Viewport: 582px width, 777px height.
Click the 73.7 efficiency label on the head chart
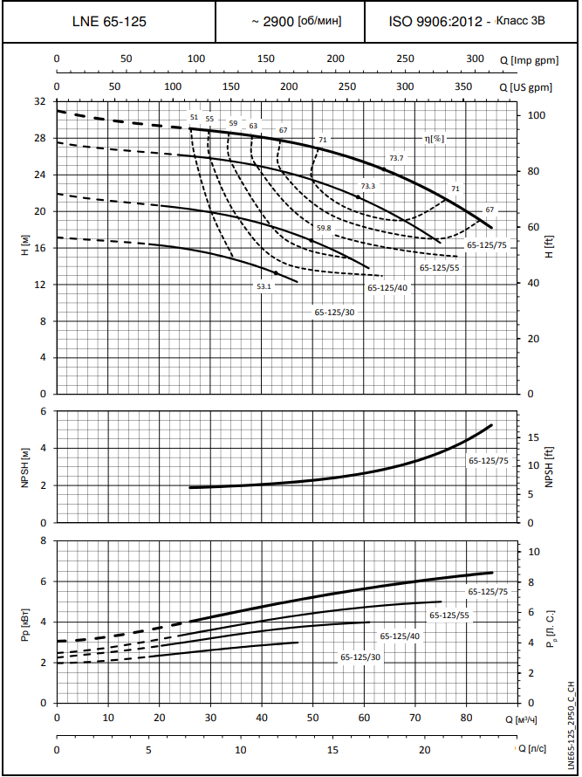coord(396,158)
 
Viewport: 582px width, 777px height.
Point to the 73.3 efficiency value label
coord(367,186)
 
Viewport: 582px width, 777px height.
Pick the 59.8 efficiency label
coord(324,228)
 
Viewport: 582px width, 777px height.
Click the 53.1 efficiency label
coord(264,285)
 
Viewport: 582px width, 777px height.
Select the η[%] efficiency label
coord(434,138)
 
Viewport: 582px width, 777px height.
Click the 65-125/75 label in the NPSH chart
coord(488,460)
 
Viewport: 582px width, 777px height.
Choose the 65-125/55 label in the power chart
coord(448,615)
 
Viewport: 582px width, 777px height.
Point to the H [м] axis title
coord(25,248)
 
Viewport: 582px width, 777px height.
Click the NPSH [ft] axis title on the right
coord(550,466)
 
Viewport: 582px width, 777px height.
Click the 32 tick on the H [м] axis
coord(39,101)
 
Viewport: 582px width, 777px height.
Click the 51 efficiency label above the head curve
coord(194,117)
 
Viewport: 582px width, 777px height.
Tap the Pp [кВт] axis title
coord(25,622)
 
